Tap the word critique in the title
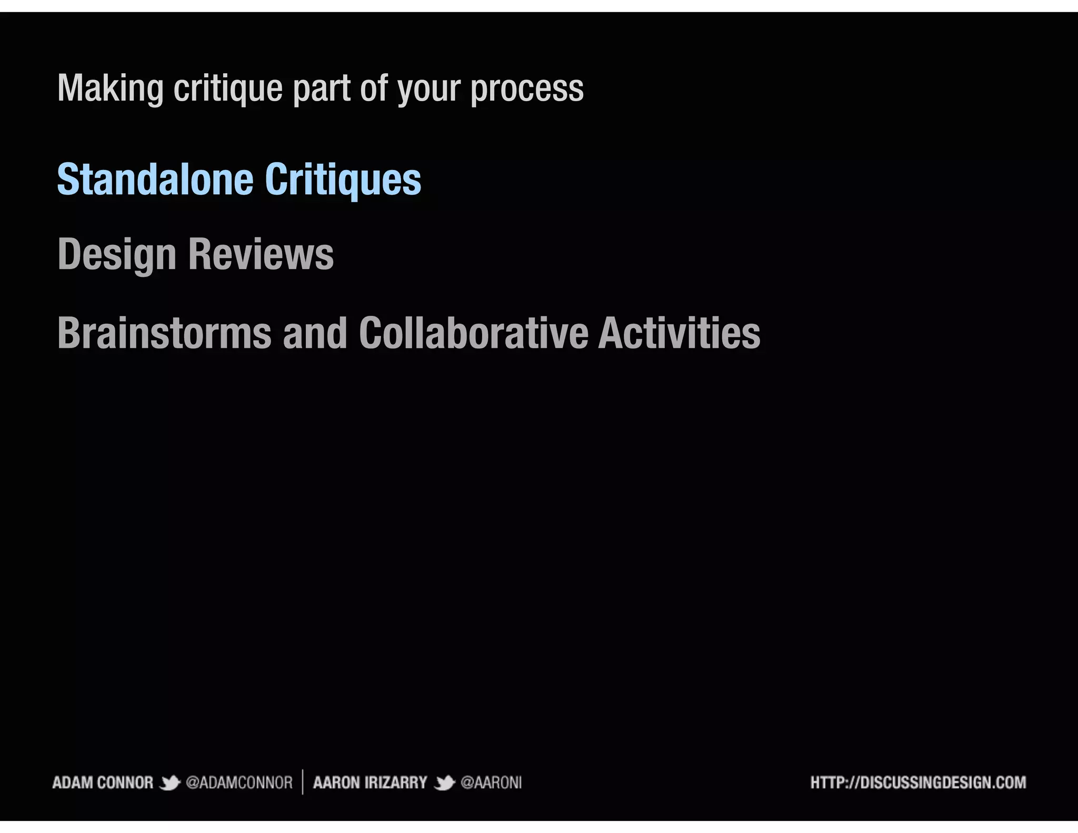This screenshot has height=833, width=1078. pos(228,88)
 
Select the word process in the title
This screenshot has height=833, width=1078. pos(527,88)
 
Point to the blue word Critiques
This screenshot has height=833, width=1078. pos(343,180)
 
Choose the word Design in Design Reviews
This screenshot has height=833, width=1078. pos(117,255)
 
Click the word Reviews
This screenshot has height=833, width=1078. pos(261,255)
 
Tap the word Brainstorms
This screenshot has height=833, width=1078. pos(164,333)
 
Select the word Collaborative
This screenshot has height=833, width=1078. pos(473,333)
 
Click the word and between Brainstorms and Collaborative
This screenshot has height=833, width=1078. pos(315,333)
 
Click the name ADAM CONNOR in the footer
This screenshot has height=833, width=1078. pos(103,783)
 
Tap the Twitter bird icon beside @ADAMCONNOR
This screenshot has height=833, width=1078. pos(169,784)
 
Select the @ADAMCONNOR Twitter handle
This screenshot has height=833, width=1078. pos(239,783)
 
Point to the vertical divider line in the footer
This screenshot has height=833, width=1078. pos(303,782)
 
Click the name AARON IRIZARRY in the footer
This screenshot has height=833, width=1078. pos(370,783)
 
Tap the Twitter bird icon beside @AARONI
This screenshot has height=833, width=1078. pos(444,784)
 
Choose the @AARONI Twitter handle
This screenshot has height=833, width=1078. pos(491,783)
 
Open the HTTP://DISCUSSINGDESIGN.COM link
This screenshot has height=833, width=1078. pos(918,783)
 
